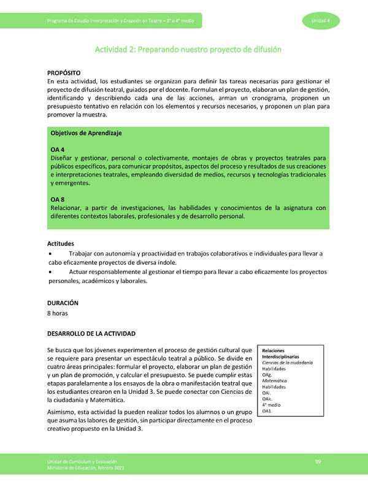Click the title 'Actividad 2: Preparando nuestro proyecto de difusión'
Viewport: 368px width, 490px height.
point(188,49)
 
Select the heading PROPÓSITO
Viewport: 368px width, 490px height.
point(64,72)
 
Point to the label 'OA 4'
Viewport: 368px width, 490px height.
point(58,149)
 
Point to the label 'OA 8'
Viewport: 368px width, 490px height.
point(58,199)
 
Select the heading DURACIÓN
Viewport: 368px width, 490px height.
point(63,303)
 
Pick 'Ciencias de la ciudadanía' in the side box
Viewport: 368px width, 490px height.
point(288,363)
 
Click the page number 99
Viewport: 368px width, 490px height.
point(318,461)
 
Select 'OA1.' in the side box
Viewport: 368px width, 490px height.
point(267,410)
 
